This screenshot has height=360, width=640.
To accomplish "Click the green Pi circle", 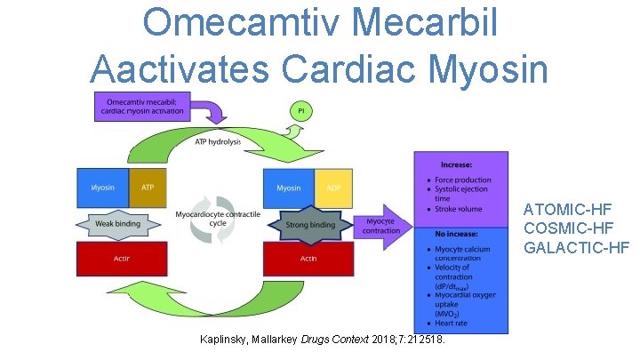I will tap(300, 110).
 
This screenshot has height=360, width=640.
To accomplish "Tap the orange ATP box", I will tap(147, 188).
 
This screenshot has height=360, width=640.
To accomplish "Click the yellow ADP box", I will tap(333, 188).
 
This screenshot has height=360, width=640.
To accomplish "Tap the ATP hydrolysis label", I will tap(217, 142).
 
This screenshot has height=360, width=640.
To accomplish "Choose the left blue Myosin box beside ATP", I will tap(102, 188).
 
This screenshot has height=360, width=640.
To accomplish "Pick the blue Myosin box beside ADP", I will tap(289, 188).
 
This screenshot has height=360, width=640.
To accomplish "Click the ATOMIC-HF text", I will tap(567, 210).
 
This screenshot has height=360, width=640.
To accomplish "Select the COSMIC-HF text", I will tap(567, 228).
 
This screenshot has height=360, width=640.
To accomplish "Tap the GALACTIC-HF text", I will tap(575, 247).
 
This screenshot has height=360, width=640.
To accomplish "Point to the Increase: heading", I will tap(458, 164).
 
